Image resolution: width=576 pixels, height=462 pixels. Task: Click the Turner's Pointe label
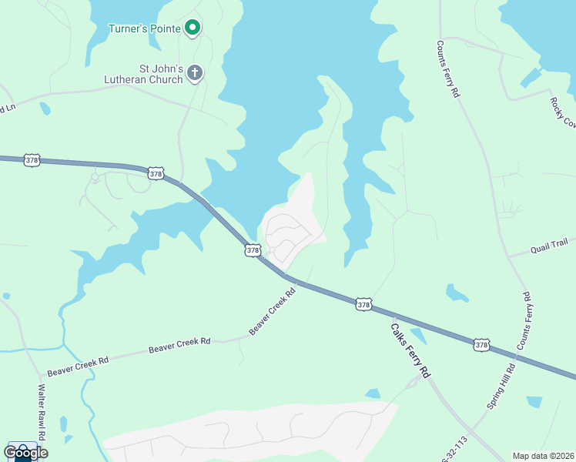point(144,29)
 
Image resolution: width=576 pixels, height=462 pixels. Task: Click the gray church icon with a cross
point(195,73)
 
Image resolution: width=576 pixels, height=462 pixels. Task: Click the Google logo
point(25,453)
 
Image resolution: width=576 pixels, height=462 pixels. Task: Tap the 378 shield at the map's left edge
point(32,160)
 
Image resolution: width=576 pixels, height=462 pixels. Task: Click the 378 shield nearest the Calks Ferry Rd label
point(364,306)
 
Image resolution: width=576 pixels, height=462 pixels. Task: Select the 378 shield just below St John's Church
point(156,174)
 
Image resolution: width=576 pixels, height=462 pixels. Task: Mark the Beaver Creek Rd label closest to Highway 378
point(273,312)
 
